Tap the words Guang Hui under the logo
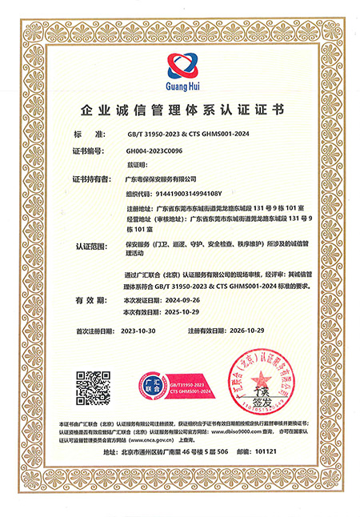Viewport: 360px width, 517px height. [x=179, y=82]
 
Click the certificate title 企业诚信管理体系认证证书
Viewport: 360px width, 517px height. [x=180, y=109]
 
